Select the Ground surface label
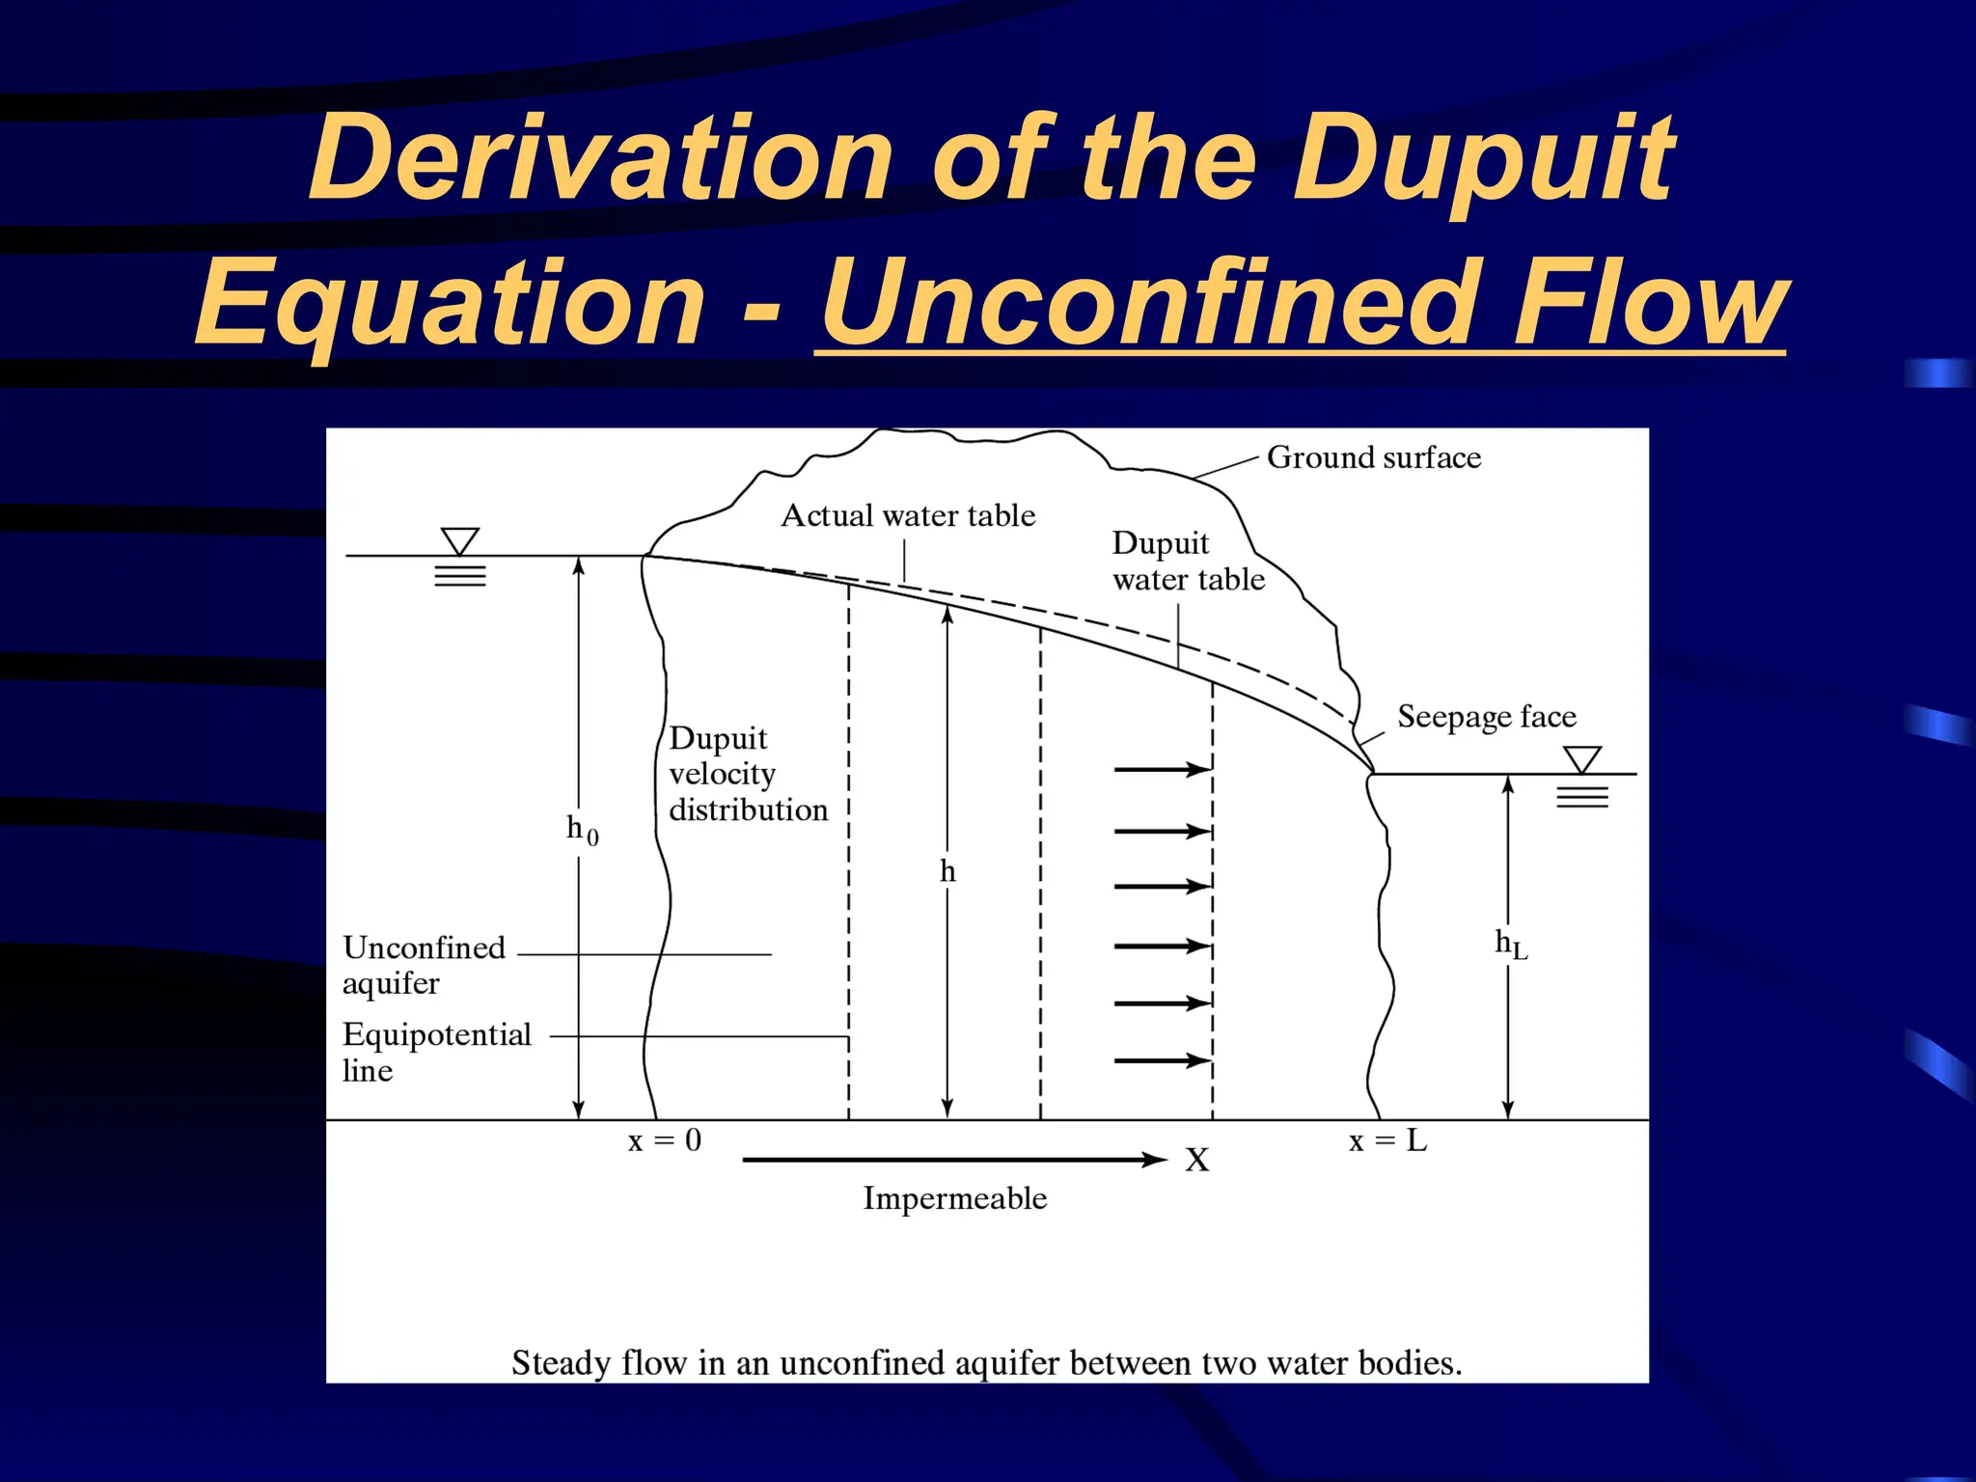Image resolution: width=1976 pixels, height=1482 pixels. pos(1373,457)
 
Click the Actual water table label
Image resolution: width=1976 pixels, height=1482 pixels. pos(908,515)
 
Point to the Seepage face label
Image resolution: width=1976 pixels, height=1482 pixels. pos(1486,717)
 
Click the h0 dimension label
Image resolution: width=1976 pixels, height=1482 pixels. pos(582,830)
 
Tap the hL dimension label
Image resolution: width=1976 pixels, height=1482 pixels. pos(1510,944)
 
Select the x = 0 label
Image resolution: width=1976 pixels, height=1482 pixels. pos(664,1140)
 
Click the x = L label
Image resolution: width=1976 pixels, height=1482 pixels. pos(1386,1140)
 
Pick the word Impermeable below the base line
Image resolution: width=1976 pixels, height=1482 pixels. pos(954,1198)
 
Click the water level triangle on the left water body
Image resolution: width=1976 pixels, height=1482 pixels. pos(460,539)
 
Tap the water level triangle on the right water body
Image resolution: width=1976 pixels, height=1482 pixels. pos(1582,758)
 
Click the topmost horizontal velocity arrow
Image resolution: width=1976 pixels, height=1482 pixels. pos(1162,770)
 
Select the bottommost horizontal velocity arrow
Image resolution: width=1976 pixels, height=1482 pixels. pos(1162,1060)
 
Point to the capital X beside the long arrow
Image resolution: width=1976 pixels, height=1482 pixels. pos(1196,1160)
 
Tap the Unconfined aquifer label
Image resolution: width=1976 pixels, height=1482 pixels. pos(424,965)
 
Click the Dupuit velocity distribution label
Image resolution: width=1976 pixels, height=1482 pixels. pos(748,774)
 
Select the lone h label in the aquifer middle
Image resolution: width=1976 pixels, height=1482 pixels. pos(947,872)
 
